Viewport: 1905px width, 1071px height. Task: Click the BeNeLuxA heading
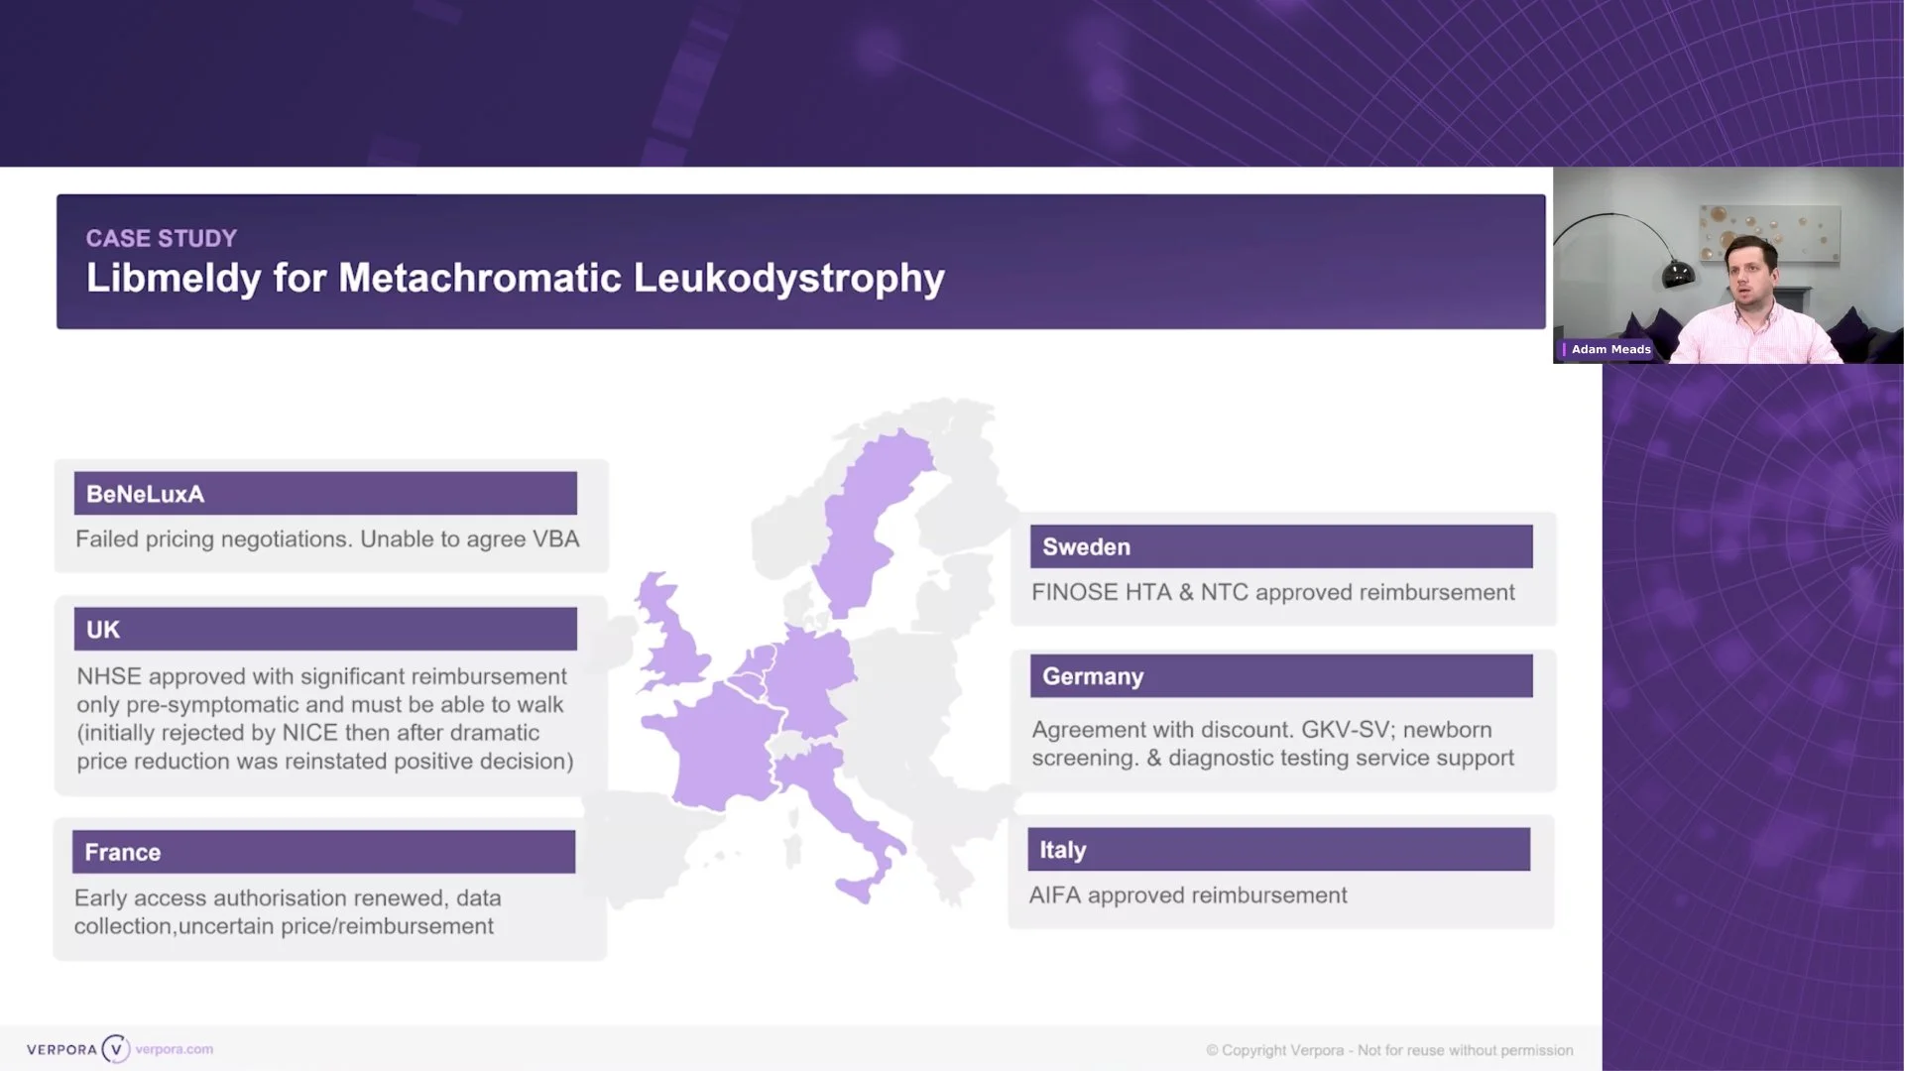tap(146, 494)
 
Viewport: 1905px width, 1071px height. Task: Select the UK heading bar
tap(325, 630)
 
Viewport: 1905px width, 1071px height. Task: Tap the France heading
tap(123, 853)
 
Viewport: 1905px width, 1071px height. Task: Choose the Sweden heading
tap(1086, 547)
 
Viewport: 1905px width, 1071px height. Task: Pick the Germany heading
tap(1093, 676)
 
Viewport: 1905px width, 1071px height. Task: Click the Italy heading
tap(1063, 850)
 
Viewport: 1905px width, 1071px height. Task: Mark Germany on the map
tap(811, 674)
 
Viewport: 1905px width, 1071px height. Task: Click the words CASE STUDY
tap(162, 239)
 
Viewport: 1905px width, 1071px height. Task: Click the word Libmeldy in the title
tap(174, 279)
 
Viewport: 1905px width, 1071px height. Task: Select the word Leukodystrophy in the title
tap(788, 279)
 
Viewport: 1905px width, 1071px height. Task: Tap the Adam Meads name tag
tap(1610, 349)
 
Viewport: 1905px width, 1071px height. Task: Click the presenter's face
tap(1750, 273)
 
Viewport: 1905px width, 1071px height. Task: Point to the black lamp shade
tap(1678, 274)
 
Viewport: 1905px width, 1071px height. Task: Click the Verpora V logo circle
tap(116, 1049)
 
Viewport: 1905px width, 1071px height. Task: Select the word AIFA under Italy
tap(1054, 895)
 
